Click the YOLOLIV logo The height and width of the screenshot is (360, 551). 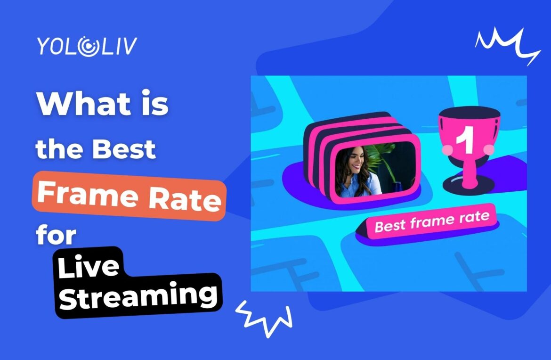[87, 46]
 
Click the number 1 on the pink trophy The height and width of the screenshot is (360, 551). [465, 143]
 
